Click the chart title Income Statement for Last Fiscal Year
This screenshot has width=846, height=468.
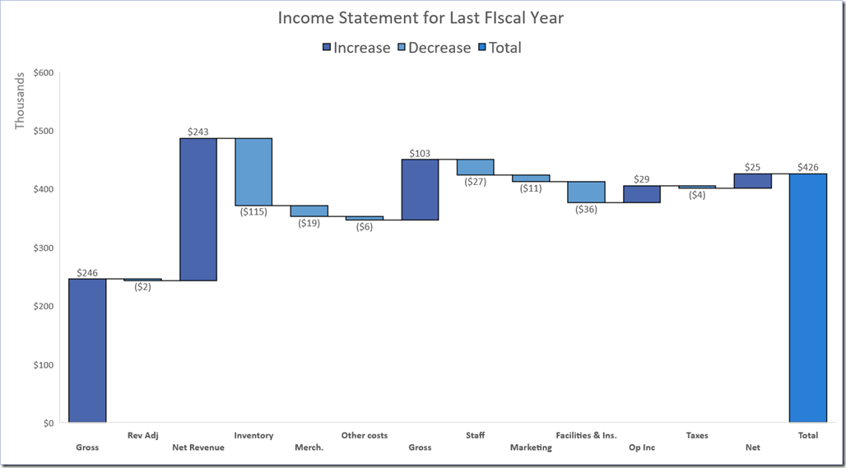(x=421, y=17)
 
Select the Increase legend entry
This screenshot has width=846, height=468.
(x=356, y=48)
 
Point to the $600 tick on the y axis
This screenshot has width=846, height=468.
(x=43, y=72)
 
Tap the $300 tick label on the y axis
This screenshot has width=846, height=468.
(x=43, y=248)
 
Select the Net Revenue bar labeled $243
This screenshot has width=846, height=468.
(x=198, y=209)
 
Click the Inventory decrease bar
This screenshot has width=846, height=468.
(x=253, y=171)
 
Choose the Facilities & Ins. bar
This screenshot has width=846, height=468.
(x=586, y=192)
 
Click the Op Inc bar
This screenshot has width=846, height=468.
(x=641, y=194)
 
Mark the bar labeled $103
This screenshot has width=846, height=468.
(x=420, y=189)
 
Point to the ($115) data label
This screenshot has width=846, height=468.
(x=253, y=212)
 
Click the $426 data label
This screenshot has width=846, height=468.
(x=807, y=167)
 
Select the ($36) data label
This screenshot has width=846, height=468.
(x=586, y=209)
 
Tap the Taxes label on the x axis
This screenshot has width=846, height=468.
(x=696, y=435)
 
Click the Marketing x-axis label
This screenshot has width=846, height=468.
(x=531, y=447)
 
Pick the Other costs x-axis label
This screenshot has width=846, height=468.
(x=364, y=435)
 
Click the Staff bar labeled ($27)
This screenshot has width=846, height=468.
(x=475, y=167)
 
